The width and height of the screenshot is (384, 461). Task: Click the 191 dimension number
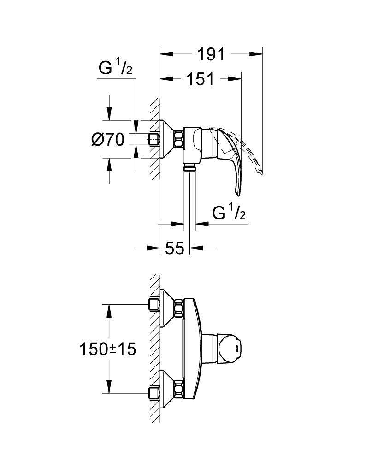point(211,54)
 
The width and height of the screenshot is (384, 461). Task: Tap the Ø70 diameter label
point(108,139)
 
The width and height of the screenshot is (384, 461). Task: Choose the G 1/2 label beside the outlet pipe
point(228,213)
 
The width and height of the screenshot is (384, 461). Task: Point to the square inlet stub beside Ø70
point(155,139)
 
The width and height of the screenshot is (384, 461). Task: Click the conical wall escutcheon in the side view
point(166,139)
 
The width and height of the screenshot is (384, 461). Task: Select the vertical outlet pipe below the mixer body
point(189,198)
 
